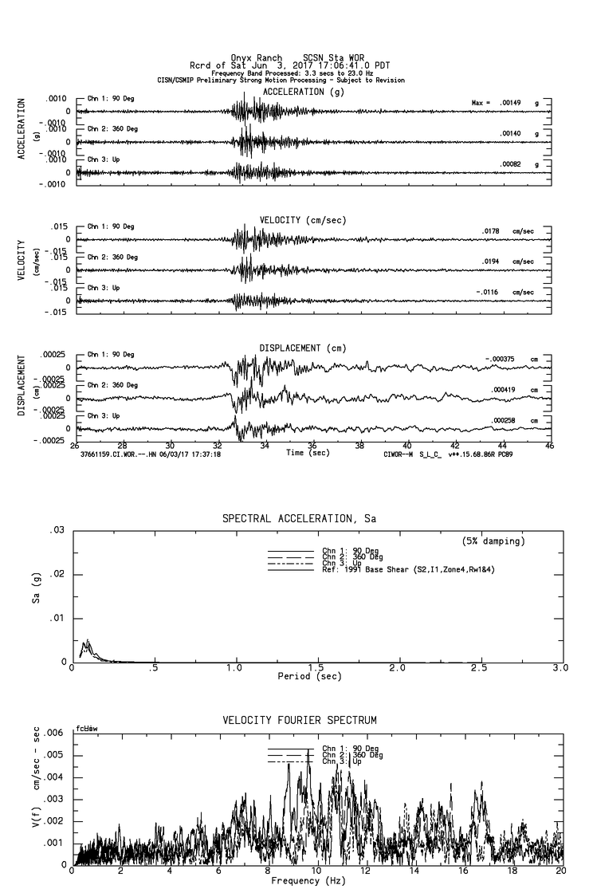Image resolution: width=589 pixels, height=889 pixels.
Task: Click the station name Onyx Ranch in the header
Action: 256,58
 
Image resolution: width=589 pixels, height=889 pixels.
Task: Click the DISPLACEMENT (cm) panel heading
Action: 303,348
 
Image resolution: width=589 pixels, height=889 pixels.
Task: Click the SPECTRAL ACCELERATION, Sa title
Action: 298,518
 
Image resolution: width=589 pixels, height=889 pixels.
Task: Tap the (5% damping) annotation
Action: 493,541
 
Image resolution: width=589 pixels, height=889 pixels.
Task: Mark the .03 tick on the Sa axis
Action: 57,530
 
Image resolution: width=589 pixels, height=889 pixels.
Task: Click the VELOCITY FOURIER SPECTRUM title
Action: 299,721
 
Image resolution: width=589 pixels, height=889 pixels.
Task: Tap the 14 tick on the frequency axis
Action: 415,871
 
